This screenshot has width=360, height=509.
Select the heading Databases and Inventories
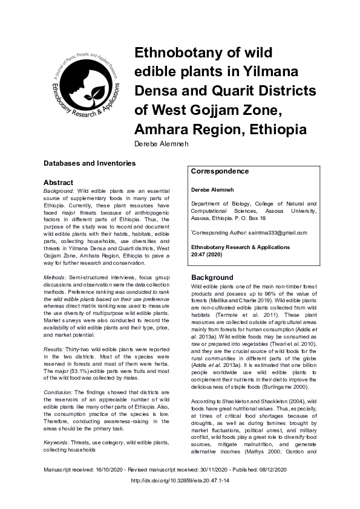[89, 163]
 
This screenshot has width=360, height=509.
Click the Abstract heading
[58, 182]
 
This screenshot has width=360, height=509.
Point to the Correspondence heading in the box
[220, 171]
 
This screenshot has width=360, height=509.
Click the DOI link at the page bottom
[180, 481]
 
